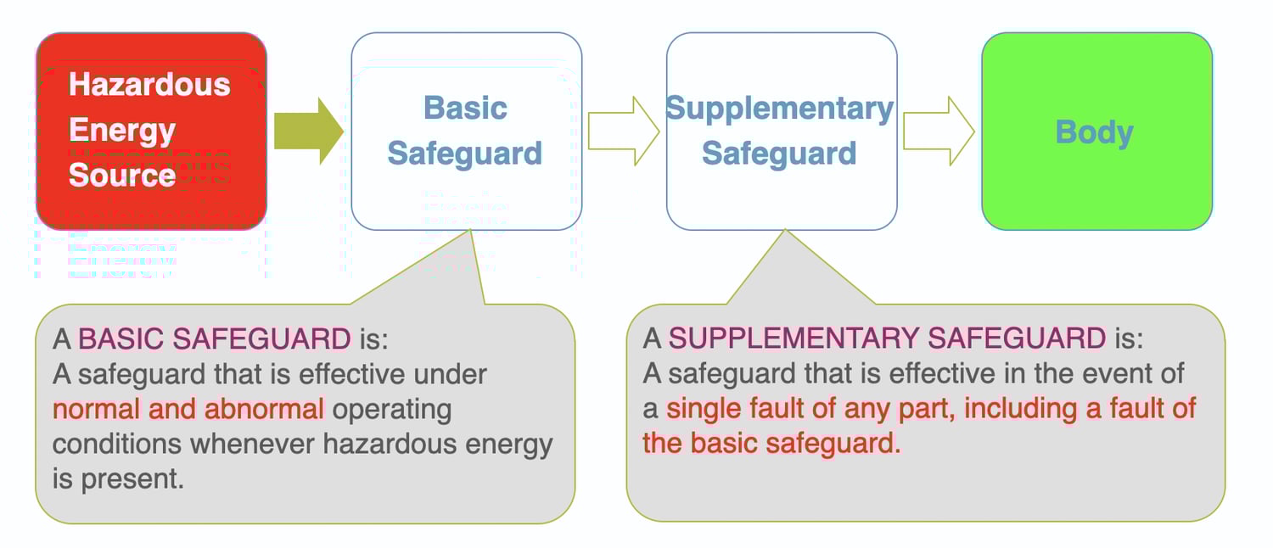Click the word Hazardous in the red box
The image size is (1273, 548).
tap(149, 85)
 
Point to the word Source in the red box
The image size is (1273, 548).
tap(122, 175)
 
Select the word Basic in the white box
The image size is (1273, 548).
tap(465, 109)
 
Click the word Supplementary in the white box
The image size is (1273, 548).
tap(780, 109)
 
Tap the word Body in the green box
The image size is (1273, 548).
tap(1095, 132)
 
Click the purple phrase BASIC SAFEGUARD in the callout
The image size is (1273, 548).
tap(215, 339)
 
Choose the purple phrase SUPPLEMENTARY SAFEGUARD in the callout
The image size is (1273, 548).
tap(888, 339)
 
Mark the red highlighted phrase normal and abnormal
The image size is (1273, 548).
tap(188, 409)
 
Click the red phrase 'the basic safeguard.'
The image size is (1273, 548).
tap(771, 444)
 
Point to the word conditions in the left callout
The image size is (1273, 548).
tap(116, 444)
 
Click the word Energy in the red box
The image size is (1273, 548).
tap(122, 130)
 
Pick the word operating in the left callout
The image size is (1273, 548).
tap(391, 409)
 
